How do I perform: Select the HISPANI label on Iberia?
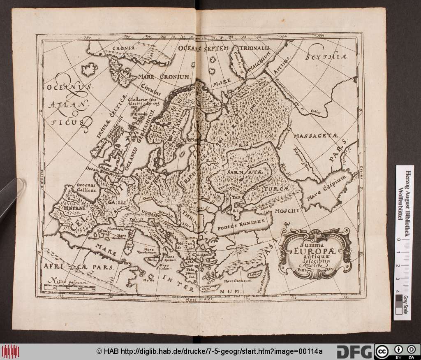[75, 209]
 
